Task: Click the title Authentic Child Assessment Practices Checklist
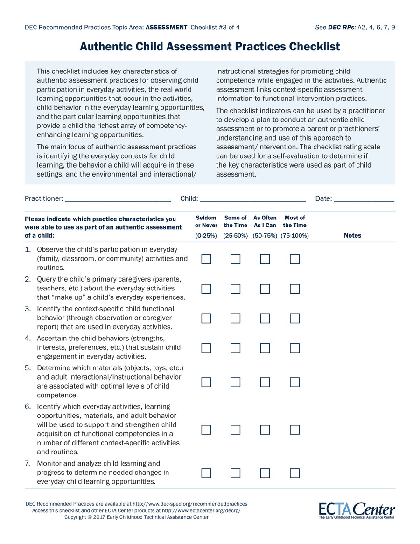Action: click(x=210, y=47)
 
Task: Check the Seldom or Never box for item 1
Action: click(x=206, y=259)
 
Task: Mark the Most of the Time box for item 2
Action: click(x=294, y=289)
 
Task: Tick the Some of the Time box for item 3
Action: click(x=236, y=318)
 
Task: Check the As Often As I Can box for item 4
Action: click(x=265, y=348)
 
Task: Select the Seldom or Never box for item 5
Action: click(x=206, y=382)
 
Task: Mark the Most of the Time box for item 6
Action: click(x=294, y=430)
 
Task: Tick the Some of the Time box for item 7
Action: click(x=236, y=473)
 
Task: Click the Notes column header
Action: click(x=352, y=236)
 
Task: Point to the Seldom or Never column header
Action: click(x=206, y=222)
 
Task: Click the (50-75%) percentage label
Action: click(x=266, y=236)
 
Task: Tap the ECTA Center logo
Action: click(x=357, y=510)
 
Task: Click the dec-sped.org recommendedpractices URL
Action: click(x=190, y=504)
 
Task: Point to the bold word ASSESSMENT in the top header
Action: click(x=167, y=27)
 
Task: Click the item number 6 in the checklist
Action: click(x=28, y=406)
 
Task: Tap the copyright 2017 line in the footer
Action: click(x=136, y=517)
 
